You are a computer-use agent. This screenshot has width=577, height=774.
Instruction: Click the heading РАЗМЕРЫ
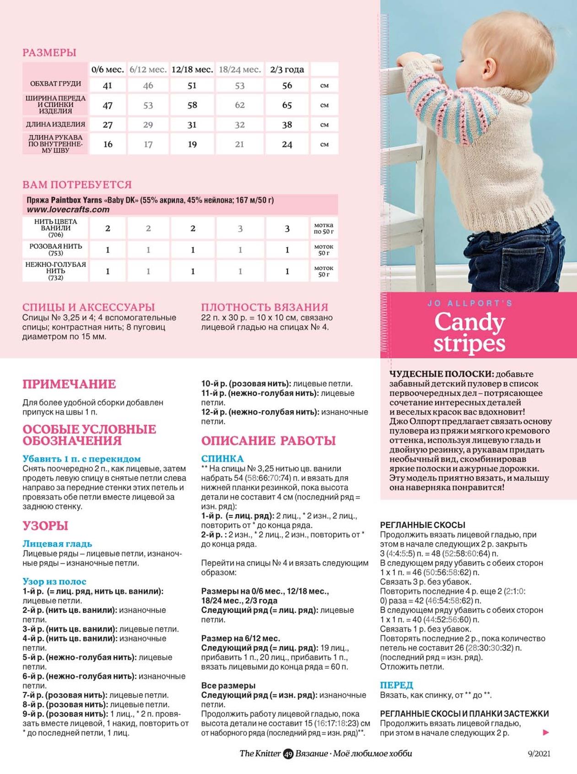(x=49, y=53)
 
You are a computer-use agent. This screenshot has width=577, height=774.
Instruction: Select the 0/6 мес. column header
(x=108, y=70)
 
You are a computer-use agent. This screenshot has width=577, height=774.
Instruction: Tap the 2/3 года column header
(x=287, y=70)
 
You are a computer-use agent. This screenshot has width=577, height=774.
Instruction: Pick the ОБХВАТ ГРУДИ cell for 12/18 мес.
(x=192, y=86)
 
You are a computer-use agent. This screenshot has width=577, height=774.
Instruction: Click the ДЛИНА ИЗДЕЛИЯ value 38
(x=287, y=124)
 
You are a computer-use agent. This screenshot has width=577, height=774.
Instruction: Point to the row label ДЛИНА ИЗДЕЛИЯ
(x=55, y=124)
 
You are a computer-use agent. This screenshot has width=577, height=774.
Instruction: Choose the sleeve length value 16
(x=108, y=144)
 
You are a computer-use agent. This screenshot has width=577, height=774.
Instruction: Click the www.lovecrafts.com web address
(x=68, y=210)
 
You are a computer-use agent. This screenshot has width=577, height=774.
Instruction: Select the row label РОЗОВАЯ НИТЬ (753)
(x=55, y=249)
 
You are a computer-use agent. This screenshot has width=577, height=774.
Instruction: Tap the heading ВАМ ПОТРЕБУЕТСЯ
(x=77, y=184)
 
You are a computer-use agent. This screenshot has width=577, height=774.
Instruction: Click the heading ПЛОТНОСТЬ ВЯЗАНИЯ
(x=264, y=307)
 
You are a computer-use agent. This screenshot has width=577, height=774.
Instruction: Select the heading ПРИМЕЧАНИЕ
(x=69, y=384)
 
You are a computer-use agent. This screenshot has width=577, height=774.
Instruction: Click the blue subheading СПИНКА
(x=222, y=459)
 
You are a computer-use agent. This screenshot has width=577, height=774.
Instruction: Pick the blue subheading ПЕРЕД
(x=396, y=685)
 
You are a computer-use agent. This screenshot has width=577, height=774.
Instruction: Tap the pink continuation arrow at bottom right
(x=545, y=732)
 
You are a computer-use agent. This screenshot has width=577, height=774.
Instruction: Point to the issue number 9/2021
(x=539, y=754)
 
